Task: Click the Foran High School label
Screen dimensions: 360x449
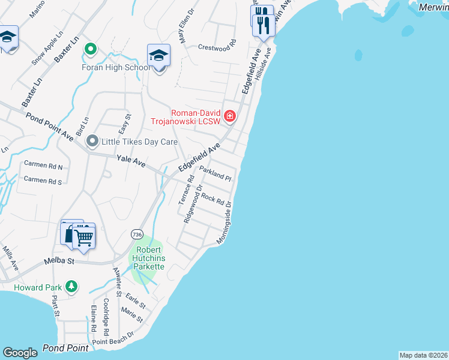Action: point(116,67)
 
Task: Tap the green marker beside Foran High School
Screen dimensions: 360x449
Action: point(91,49)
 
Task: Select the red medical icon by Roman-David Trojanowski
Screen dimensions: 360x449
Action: point(229,116)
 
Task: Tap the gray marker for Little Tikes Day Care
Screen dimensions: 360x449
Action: point(92,142)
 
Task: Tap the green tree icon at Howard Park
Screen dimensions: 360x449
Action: point(71,286)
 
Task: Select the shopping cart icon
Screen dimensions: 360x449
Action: point(84,237)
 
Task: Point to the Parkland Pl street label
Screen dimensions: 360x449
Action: point(215,173)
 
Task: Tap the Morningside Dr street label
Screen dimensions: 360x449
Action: point(224,222)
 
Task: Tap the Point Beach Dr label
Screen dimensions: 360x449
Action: point(117,338)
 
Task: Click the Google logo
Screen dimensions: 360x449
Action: point(20,353)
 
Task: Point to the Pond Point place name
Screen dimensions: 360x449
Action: point(65,348)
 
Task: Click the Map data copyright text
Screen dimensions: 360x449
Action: point(423,355)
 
